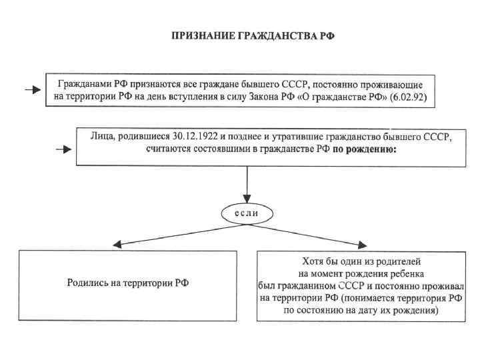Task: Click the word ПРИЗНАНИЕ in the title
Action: (x=199, y=35)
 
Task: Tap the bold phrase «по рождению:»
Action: (x=364, y=150)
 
